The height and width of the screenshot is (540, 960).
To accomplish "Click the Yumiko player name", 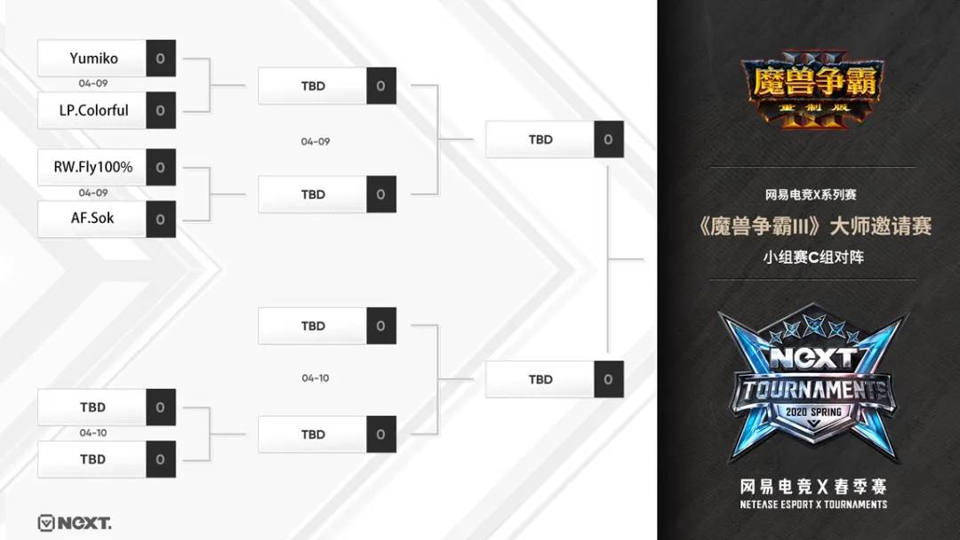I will pyautogui.click(x=92, y=59).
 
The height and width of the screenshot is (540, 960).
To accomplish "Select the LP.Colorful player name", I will pyautogui.click(x=92, y=111).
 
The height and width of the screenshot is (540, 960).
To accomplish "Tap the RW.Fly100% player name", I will pyautogui.click(x=92, y=167).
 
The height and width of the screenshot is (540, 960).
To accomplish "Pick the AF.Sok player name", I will pyautogui.click(x=92, y=218).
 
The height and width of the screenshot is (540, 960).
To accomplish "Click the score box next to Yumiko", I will pyautogui.click(x=160, y=59).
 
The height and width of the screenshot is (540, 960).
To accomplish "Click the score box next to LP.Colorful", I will pyautogui.click(x=160, y=111).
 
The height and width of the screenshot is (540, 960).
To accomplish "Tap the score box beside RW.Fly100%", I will pyautogui.click(x=160, y=167).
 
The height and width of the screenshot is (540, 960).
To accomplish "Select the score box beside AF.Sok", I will pyautogui.click(x=160, y=218).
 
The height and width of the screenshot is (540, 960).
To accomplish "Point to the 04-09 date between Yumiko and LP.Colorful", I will pyautogui.click(x=92, y=83).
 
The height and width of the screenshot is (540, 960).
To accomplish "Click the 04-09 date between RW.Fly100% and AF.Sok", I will pyautogui.click(x=92, y=193).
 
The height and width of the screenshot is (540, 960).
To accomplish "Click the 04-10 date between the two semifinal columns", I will pyautogui.click(x=315, y=378).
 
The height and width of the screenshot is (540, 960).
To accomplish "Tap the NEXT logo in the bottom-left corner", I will pyautogui.click(x=75, y=523).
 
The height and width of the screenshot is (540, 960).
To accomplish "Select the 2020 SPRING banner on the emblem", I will pyautogui.click(x=813, y=412).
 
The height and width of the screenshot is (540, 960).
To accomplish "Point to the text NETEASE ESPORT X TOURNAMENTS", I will pyautogui.click(x=813, y=504).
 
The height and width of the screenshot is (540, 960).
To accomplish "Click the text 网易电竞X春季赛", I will pyautogui.click(x=813, y=487).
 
